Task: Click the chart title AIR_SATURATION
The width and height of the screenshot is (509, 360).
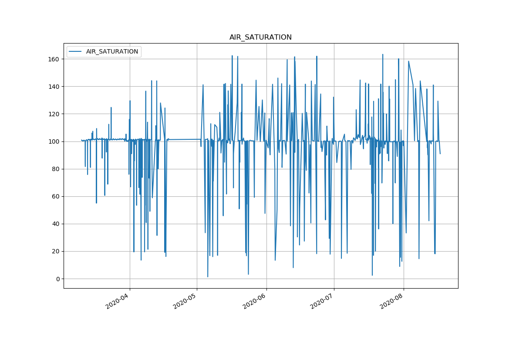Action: pos(260,37)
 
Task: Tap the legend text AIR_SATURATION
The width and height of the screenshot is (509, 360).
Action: pos(112,51)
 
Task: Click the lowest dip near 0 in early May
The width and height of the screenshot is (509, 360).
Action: pos(208,276)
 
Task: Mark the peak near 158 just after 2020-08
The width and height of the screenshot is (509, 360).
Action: pos(408,61)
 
